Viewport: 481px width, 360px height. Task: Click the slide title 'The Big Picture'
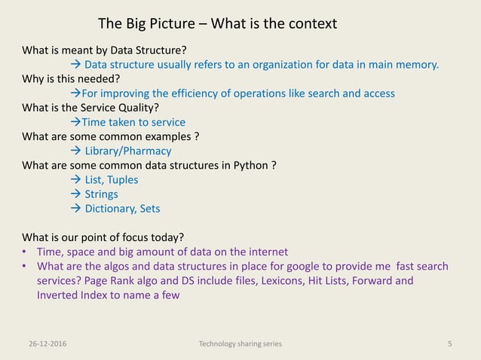(151, 23)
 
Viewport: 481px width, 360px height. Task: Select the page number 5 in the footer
(449, 344)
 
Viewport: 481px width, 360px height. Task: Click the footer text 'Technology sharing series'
(240, 344)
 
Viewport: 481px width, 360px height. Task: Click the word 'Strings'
(101, 194)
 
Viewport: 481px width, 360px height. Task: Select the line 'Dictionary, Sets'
(122, 209)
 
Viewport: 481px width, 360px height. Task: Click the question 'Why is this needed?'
(70, 79)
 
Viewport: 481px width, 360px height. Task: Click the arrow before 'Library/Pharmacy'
(75, 151)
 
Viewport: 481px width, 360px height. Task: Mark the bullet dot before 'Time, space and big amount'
(25, 252)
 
